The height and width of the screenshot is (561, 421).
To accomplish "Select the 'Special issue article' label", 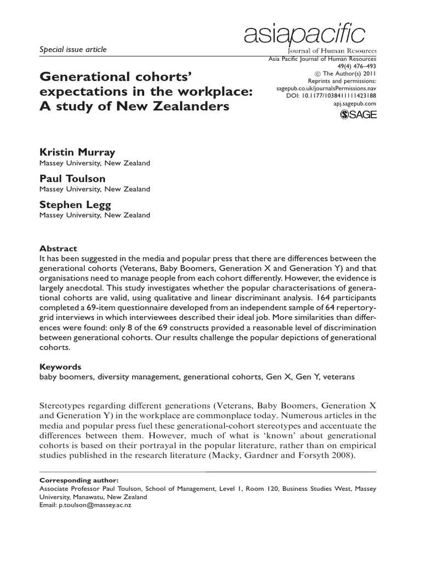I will (x=73, y=49).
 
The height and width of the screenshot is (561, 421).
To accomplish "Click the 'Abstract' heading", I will (x=59, y=248).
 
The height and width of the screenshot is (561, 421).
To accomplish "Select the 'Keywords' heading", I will (x=60, y=367).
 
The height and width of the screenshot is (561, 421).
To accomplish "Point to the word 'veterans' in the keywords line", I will (x=339, y=376).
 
